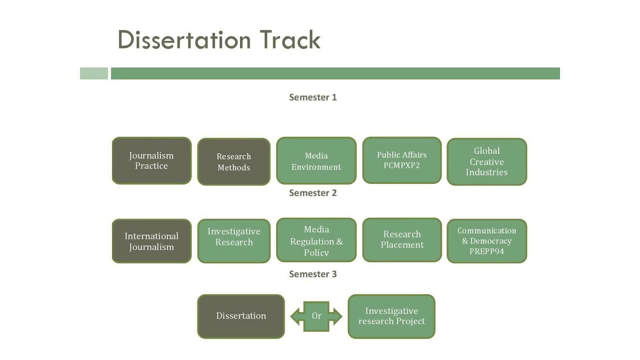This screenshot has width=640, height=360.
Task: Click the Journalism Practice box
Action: [x=151, y=160]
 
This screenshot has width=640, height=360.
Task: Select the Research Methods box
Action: [x=233, y=162]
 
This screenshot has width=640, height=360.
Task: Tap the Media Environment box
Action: [x=316, y=161]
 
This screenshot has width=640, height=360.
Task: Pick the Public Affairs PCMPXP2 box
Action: [x=402, y=160]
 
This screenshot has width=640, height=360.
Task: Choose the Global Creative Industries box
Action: [x=486, y=161]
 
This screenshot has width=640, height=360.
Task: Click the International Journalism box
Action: [x=151, y=241]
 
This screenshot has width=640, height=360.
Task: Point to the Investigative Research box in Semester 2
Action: [x=233, y=241]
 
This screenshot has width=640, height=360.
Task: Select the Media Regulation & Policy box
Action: [x=316, y=240]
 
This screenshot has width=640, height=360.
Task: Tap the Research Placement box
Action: [x=402, y=239]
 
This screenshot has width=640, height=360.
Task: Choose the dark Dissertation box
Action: [x=241, y=316]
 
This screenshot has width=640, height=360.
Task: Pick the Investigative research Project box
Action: [x=391, y=316]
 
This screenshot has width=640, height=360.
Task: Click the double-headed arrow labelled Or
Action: [x=316, y=316]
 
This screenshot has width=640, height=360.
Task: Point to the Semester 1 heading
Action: [x=313, y=97]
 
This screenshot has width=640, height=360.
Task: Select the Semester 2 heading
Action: [x=313, y=193]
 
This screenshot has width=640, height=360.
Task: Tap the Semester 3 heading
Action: [x=313, y=274]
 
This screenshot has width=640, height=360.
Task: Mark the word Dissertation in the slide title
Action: [x=184, y=40]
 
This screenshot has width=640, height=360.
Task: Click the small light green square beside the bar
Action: [x=94, y=73]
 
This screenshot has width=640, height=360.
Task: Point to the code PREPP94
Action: [x=486, y=251]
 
